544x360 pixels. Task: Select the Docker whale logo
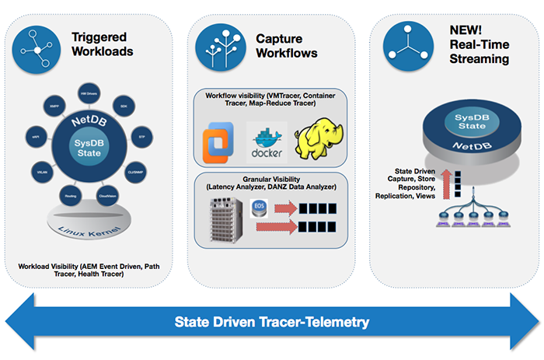[x=266, y=141]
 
